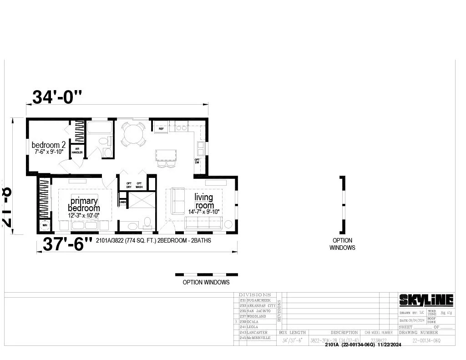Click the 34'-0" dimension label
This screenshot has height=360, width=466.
click(57, 96)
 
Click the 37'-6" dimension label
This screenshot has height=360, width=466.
click(67, 244)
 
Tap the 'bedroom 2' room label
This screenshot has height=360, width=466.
click(49, 145)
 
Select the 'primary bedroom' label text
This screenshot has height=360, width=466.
click(84, 204)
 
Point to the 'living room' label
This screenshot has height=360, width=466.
click(203, 201)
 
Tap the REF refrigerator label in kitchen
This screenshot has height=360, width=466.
click(161, 129)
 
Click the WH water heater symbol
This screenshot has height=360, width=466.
click(45, 225)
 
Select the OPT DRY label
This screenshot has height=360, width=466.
click(129, 185)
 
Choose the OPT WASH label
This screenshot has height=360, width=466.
click(139, 185)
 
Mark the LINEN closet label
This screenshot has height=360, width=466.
click(123, 202)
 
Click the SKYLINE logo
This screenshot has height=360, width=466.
click(426, 300)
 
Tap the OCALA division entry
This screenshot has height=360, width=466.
click(253, 321)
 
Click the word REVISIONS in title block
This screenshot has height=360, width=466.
click(279, 310)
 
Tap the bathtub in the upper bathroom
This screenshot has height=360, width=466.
click(99, 127)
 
